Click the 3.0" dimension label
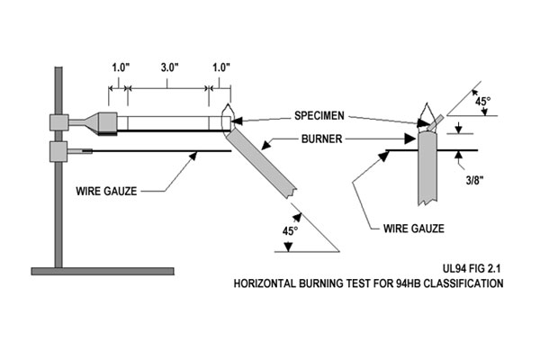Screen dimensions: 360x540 [168, 67]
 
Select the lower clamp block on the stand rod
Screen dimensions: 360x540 [59, 149]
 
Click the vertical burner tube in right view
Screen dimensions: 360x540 [427, 171]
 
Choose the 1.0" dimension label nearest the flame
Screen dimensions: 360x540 [219, 67]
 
